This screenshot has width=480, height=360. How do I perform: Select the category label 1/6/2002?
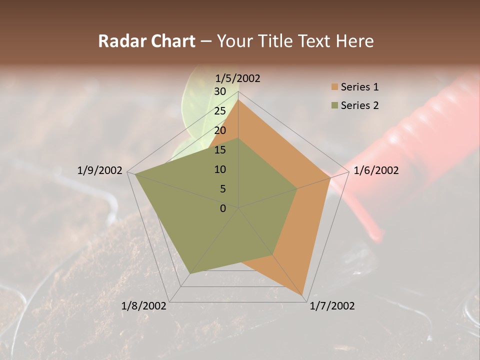(x=376, y=170)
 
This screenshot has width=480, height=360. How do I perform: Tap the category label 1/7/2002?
(x=332, y=305)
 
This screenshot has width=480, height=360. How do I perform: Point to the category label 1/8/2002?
(x=144, y=305)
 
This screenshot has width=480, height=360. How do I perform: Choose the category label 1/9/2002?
(x=100, y=170)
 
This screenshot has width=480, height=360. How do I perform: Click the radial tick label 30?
(x=220, y=91)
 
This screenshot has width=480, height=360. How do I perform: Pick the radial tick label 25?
(x=220, y=111)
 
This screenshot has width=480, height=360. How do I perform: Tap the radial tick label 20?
(x=220, y=130)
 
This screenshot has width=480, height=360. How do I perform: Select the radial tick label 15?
(x=220, y=150)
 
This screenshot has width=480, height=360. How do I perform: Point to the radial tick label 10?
(x=220, y=169)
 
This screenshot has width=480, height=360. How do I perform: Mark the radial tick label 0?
(x=223, y=208)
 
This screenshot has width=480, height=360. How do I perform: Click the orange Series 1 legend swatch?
(x=334, y=87)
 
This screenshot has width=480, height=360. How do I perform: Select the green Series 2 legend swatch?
(x=334, y=105)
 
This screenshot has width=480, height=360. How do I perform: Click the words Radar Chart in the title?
(x=146, y=41)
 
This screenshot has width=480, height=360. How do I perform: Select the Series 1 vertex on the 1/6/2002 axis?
(x=330, y=178)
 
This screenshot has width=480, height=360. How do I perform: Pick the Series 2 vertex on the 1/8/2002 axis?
(x=190, y=273)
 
